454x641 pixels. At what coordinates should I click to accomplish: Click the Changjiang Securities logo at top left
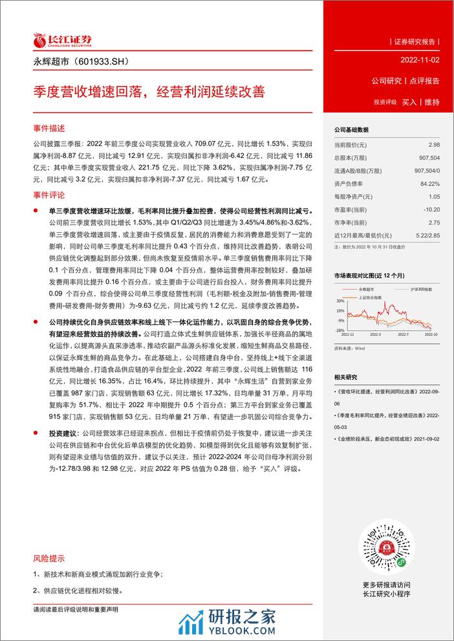[62, 41]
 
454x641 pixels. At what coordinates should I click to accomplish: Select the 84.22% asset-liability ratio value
[431, 184]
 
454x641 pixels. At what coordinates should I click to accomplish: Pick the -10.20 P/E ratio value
[431, 210]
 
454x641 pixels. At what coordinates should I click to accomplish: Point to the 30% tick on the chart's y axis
[339, 301]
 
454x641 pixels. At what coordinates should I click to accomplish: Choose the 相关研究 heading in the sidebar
[346, 376]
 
